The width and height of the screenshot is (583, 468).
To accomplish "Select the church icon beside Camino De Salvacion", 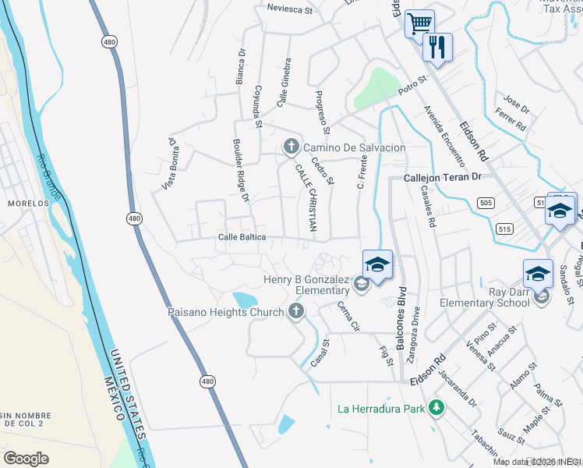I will [x=291, y=147].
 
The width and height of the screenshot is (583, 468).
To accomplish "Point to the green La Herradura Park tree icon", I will [x=437, y=408].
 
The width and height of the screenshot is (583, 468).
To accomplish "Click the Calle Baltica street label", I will [x=242, y=236].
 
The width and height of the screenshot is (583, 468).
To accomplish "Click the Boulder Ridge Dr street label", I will [x=240, y=171].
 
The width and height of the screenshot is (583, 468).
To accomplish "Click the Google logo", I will [x=26, y=458].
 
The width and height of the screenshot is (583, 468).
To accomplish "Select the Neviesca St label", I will [x=289, y=10].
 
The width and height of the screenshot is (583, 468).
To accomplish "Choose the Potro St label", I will [x=413, y=85].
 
